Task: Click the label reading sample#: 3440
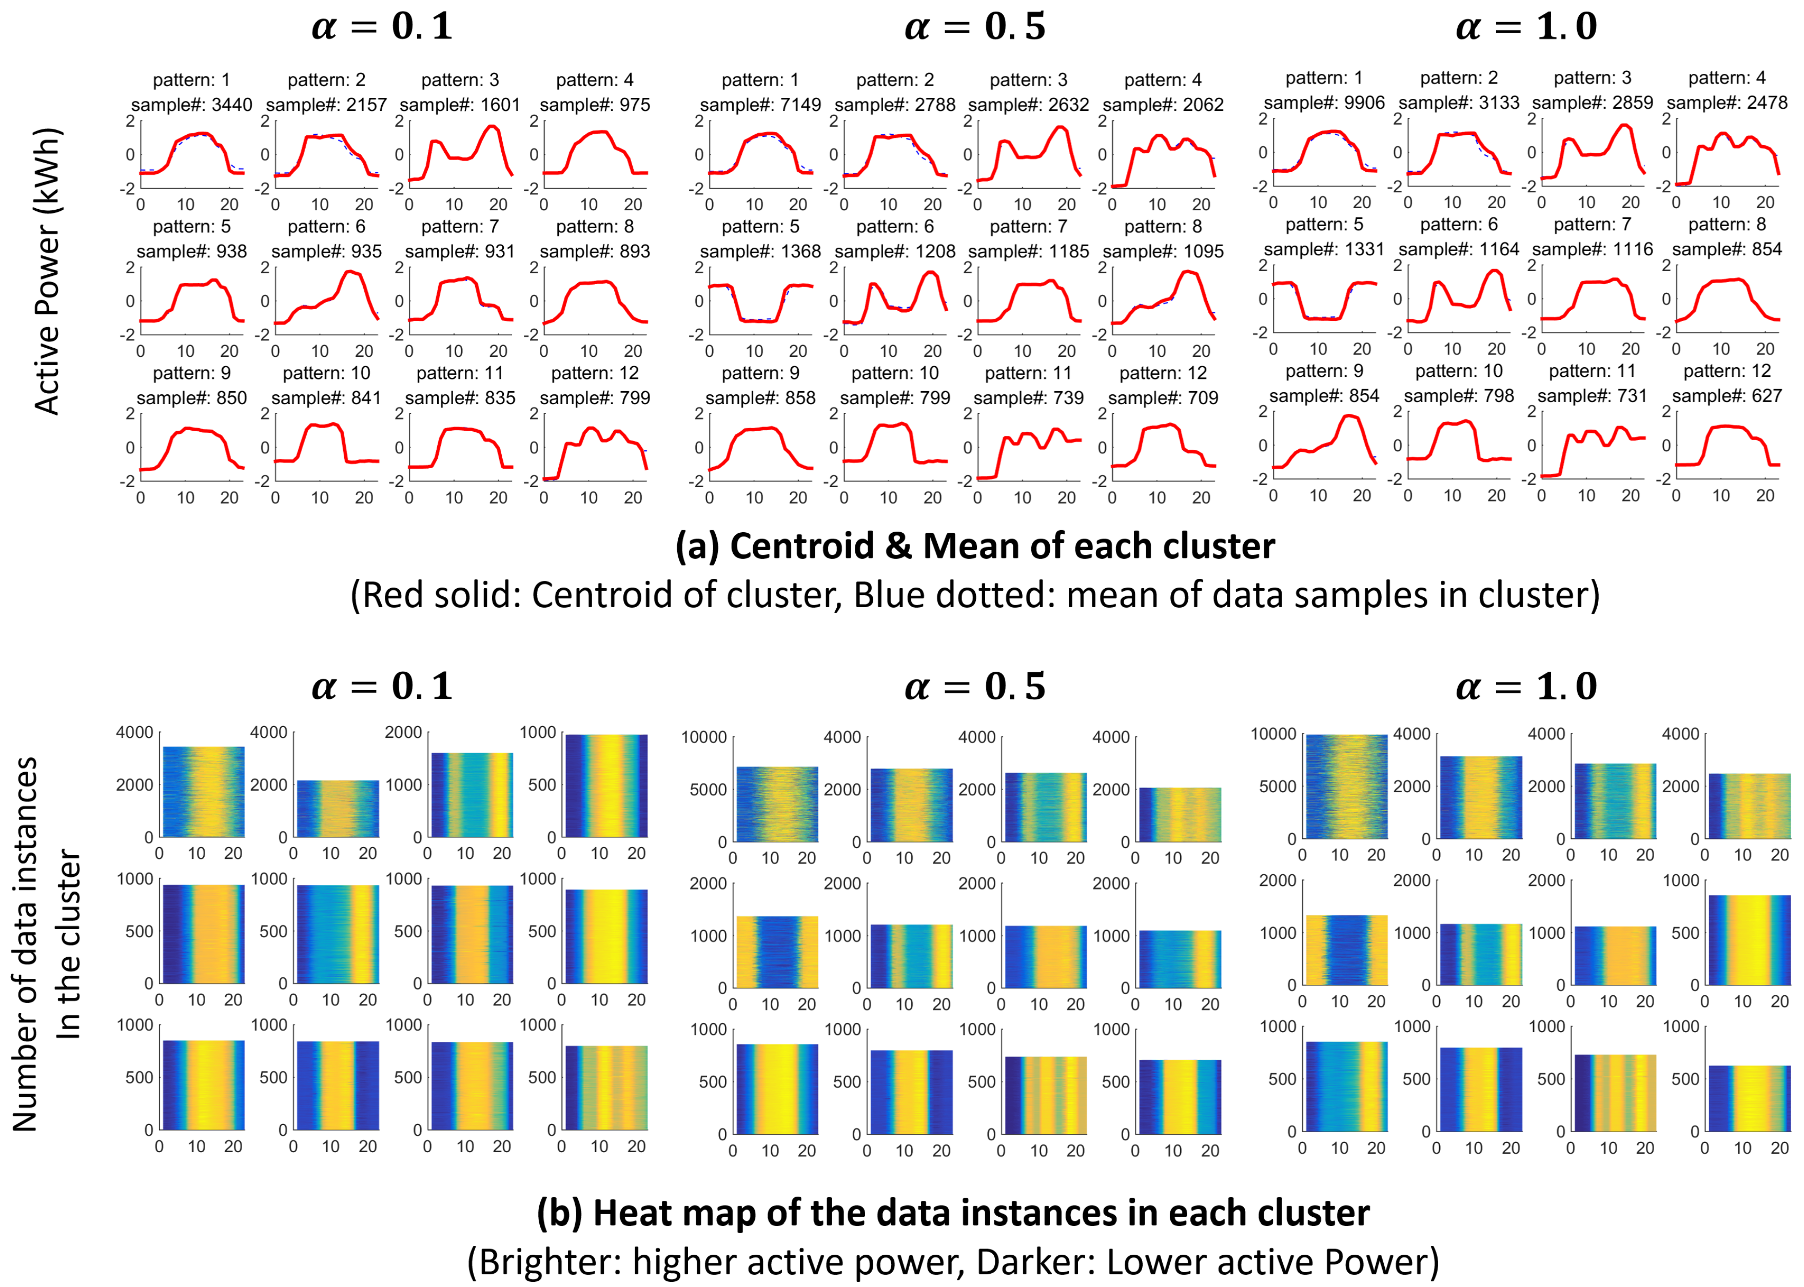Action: coord(191,105)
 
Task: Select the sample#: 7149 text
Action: coord(760,105)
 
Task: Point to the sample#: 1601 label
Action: coord(460,105)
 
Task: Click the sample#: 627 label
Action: coord(1727,395)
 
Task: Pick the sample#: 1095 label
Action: coord(1163,251)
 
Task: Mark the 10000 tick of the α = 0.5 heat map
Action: coord(703,737)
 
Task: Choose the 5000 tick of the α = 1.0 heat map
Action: coord(1278,786)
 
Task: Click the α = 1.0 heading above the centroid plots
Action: coord(1526,26)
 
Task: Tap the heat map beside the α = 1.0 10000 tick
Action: coord(1346,786)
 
